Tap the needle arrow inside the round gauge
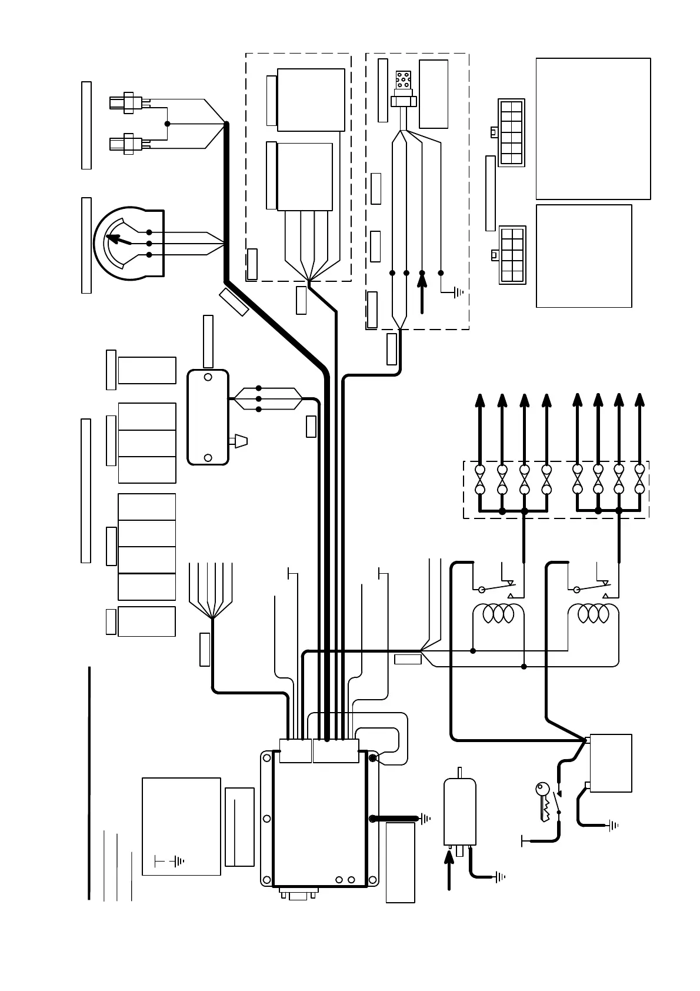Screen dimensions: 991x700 (118, 240)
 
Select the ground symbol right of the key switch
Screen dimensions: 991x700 (613, 825)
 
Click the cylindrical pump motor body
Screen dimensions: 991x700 (459, 812)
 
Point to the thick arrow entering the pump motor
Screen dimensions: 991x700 (449, 871)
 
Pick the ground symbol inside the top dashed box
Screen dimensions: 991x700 (458, 291)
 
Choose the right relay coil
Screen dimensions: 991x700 (592, 614)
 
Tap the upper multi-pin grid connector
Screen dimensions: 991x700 (511, 132)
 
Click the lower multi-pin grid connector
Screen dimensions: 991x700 (512, 255)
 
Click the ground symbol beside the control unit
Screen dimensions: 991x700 (425, 818)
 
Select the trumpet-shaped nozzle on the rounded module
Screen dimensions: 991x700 (241, 441)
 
